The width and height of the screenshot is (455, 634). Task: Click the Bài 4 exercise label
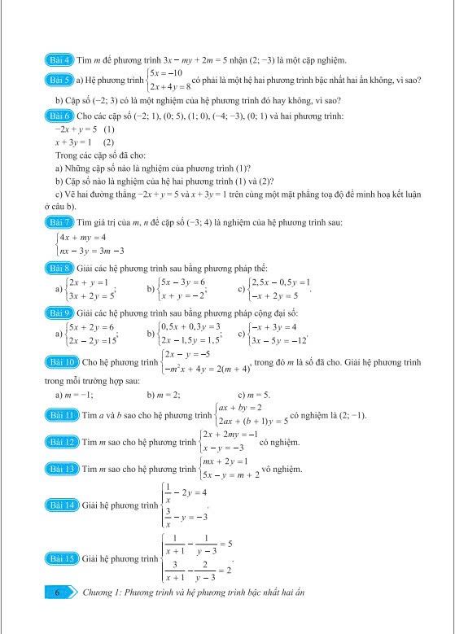59,59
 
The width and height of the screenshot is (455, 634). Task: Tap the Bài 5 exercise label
59,80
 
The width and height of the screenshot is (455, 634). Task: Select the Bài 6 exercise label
59,116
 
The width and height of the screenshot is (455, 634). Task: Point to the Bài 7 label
59,221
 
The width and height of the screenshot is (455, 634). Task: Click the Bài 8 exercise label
59,267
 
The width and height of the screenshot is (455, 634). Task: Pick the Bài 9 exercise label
59,313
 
